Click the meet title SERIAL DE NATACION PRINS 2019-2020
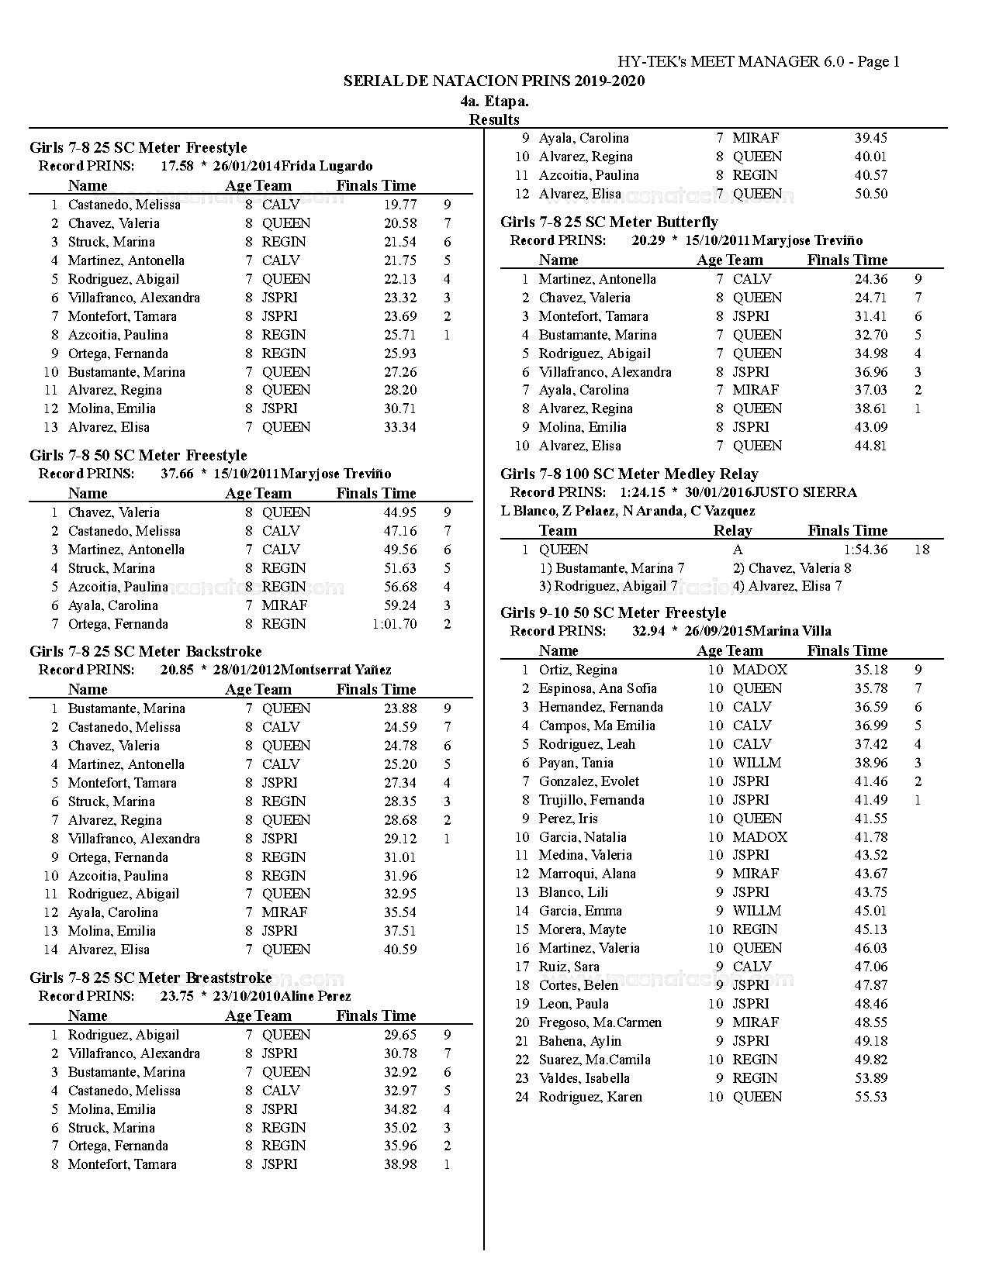(494, 81)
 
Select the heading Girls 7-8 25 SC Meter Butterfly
(609, 222)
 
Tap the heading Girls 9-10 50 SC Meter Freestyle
(613, 613)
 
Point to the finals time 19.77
(400, 205)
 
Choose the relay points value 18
(922, 550)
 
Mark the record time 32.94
(648, 631)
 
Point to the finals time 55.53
(871, 1097)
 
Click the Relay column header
(732, 531)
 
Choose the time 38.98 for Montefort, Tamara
(400, 1164)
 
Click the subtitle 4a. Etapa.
(494, 101)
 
